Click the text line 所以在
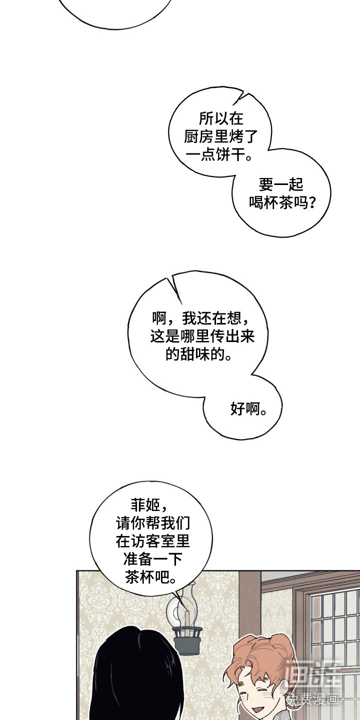coord(220,118)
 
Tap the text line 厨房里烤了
coord(220,136)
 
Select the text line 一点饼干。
coord(220,155)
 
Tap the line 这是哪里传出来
coord(202,336)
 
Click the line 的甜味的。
coord(198,354)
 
